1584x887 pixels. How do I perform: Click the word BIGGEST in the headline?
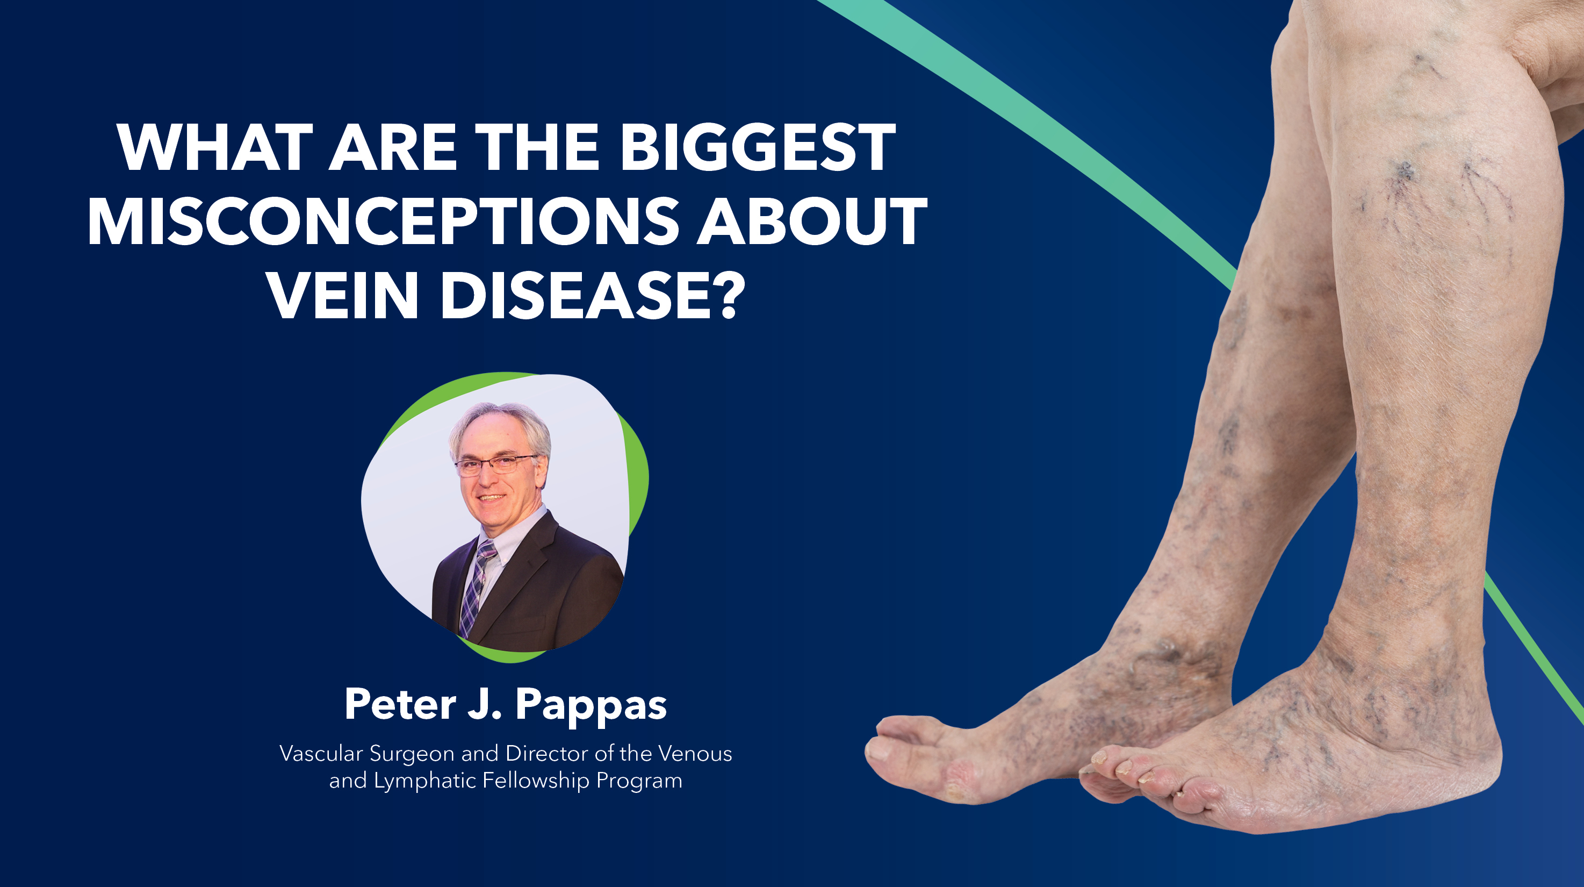point(758,148)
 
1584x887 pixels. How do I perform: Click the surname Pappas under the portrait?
point(591,705)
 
